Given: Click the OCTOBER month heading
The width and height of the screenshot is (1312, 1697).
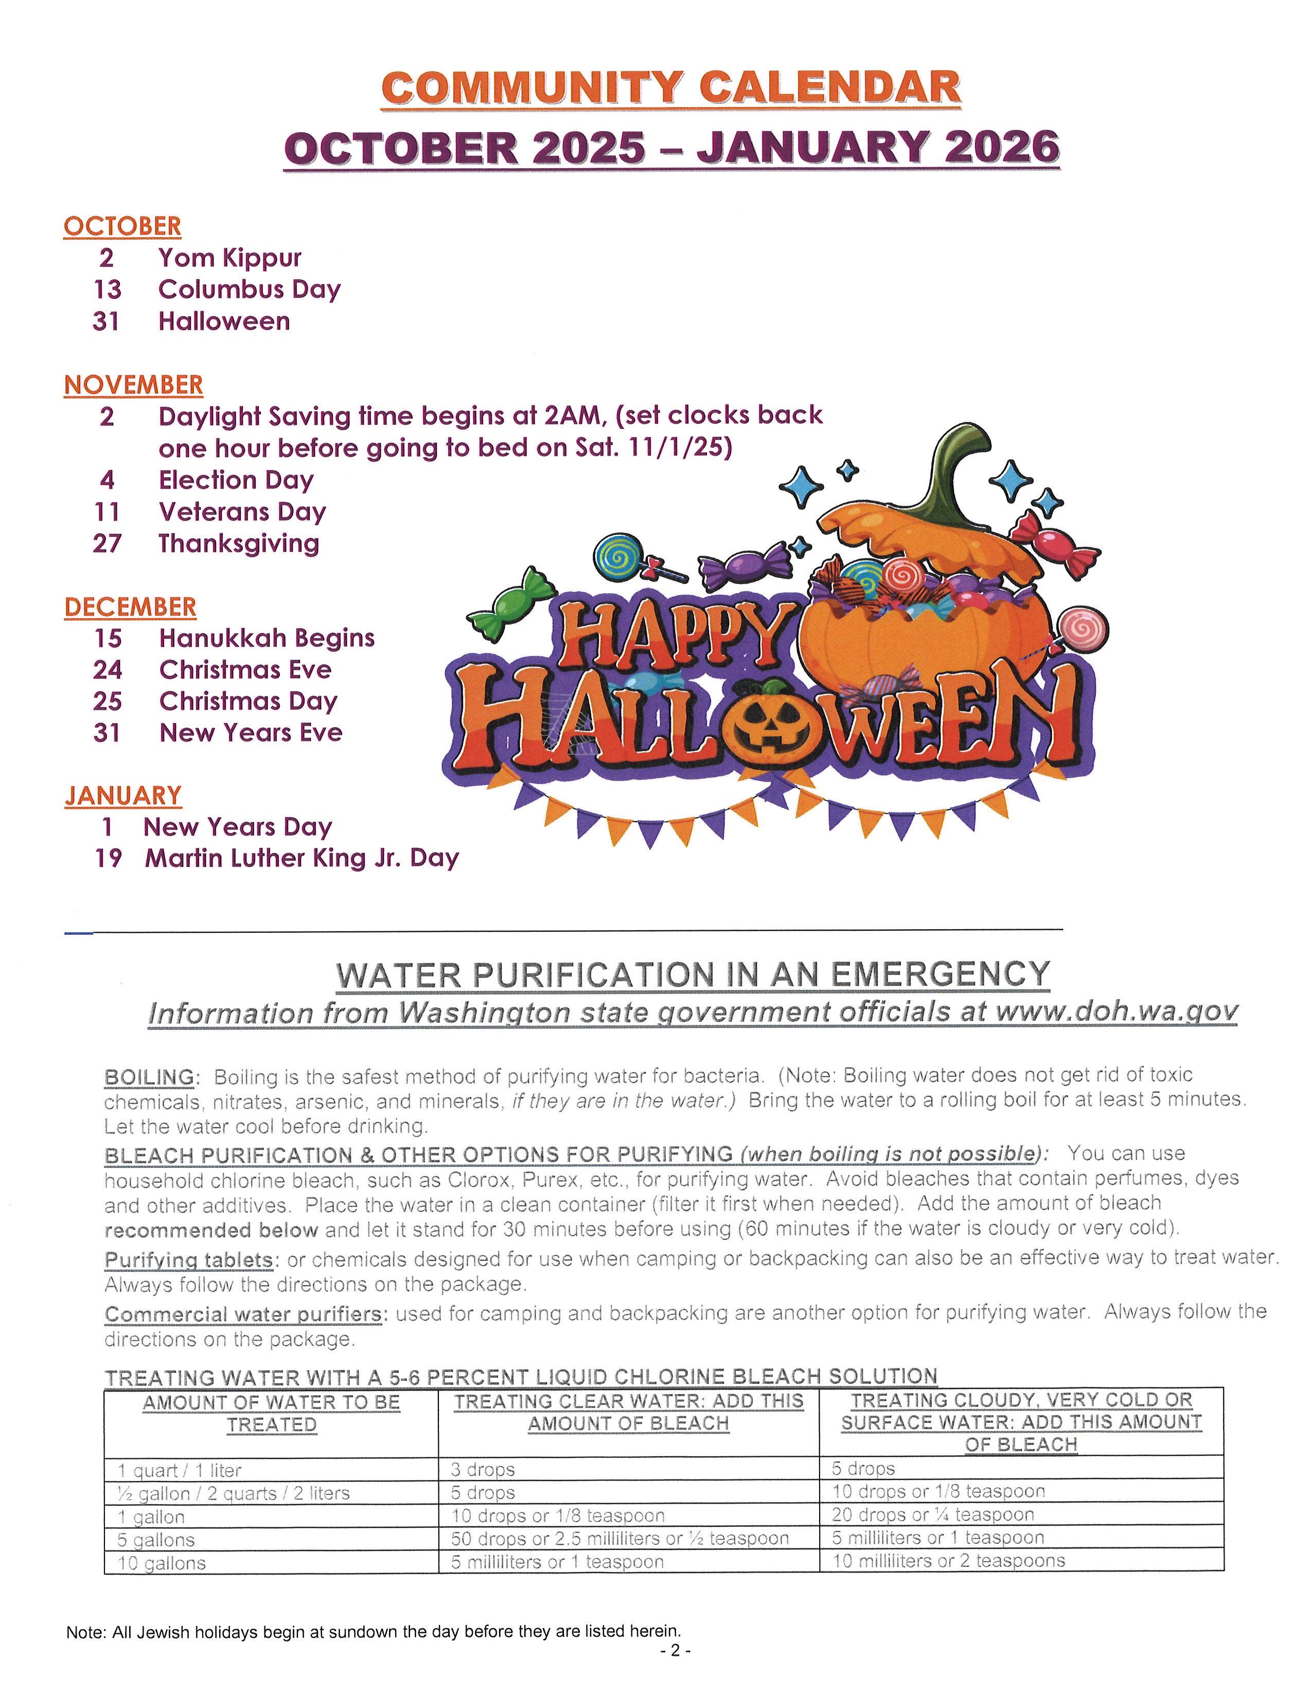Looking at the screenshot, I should tap(122, 226).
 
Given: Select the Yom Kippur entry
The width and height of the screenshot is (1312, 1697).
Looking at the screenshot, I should tap(229, 257).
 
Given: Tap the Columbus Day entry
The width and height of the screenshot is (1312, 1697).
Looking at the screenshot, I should tap(249, 289).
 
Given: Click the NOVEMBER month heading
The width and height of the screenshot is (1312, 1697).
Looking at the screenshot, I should tap(133, 385).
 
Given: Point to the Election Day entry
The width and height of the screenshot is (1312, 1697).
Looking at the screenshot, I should tap(236, 479).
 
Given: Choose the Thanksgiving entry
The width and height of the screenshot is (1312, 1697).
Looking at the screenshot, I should tap(239, 543).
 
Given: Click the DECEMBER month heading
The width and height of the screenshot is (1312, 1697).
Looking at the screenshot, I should tap(130, 607).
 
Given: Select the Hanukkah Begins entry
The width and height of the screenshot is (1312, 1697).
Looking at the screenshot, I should tap(267, 638).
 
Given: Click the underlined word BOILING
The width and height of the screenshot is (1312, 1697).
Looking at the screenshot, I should tap(149, 1077).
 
